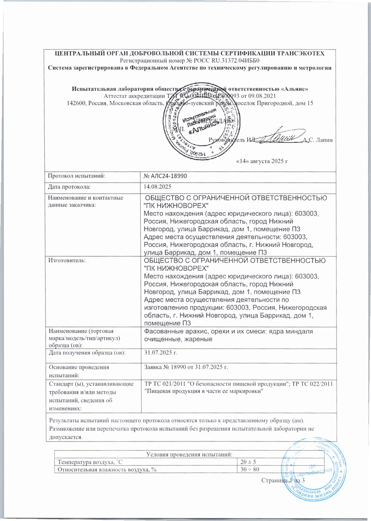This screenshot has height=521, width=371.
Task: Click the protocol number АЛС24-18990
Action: pos(165,176)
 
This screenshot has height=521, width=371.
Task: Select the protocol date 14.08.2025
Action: pos(157,187)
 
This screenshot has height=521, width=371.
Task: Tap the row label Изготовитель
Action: pos(67,260)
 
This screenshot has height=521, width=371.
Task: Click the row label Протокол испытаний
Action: pos(77,176)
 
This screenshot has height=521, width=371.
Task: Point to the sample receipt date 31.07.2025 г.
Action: pos(161,352)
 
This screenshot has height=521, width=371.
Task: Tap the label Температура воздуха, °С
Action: pos(90,462)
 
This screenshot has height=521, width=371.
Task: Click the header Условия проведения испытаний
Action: pos(189,454)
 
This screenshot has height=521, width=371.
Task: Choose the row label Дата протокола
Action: pos(70,187)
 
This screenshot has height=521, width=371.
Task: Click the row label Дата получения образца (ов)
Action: pos(87,352)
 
